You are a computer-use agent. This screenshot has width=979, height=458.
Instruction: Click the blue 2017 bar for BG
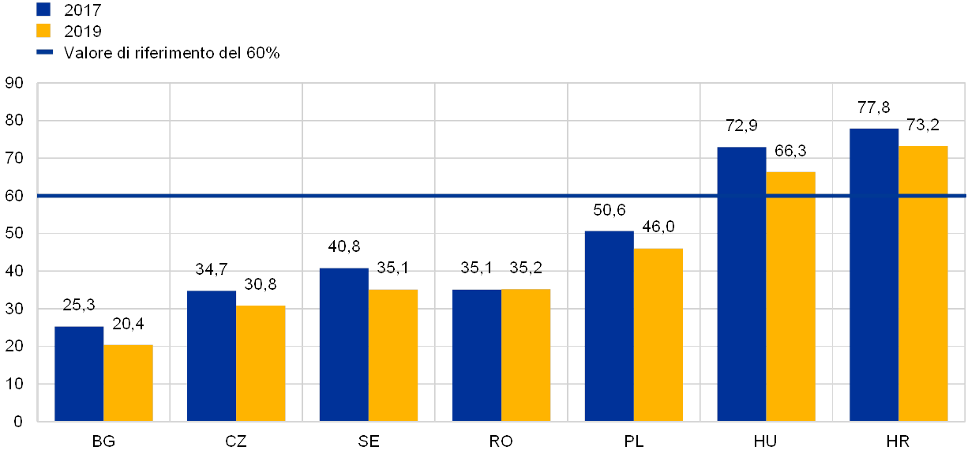(79, 374)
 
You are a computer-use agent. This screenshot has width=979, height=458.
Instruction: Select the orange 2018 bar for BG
(128, 383)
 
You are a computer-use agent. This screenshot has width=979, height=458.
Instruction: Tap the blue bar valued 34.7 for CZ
(212, 355)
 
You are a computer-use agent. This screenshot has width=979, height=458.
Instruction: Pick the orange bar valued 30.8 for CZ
(261, 363)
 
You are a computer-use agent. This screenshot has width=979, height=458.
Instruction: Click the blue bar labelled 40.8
(343, 344)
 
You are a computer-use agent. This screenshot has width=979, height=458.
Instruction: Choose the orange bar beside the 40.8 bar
(393, 355)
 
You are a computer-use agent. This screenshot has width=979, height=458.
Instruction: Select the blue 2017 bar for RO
(477, 355)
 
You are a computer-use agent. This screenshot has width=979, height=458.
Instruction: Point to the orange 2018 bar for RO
(526, 355)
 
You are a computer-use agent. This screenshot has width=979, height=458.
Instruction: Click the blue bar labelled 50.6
(609, 326)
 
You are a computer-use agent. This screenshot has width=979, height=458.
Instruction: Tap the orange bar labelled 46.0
(658, 335)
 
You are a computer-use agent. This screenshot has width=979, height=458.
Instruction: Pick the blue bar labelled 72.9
(741, 284)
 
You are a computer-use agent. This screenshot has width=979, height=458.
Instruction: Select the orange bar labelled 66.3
(791, 296)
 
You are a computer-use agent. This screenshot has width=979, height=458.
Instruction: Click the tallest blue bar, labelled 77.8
(874, 275)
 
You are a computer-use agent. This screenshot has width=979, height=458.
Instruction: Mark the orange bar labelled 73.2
(924, 283)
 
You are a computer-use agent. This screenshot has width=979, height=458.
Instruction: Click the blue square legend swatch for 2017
(43, 9)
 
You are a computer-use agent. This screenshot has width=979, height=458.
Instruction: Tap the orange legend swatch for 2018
(43, 31)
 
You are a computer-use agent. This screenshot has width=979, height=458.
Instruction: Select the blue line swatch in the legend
(44, 53)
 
